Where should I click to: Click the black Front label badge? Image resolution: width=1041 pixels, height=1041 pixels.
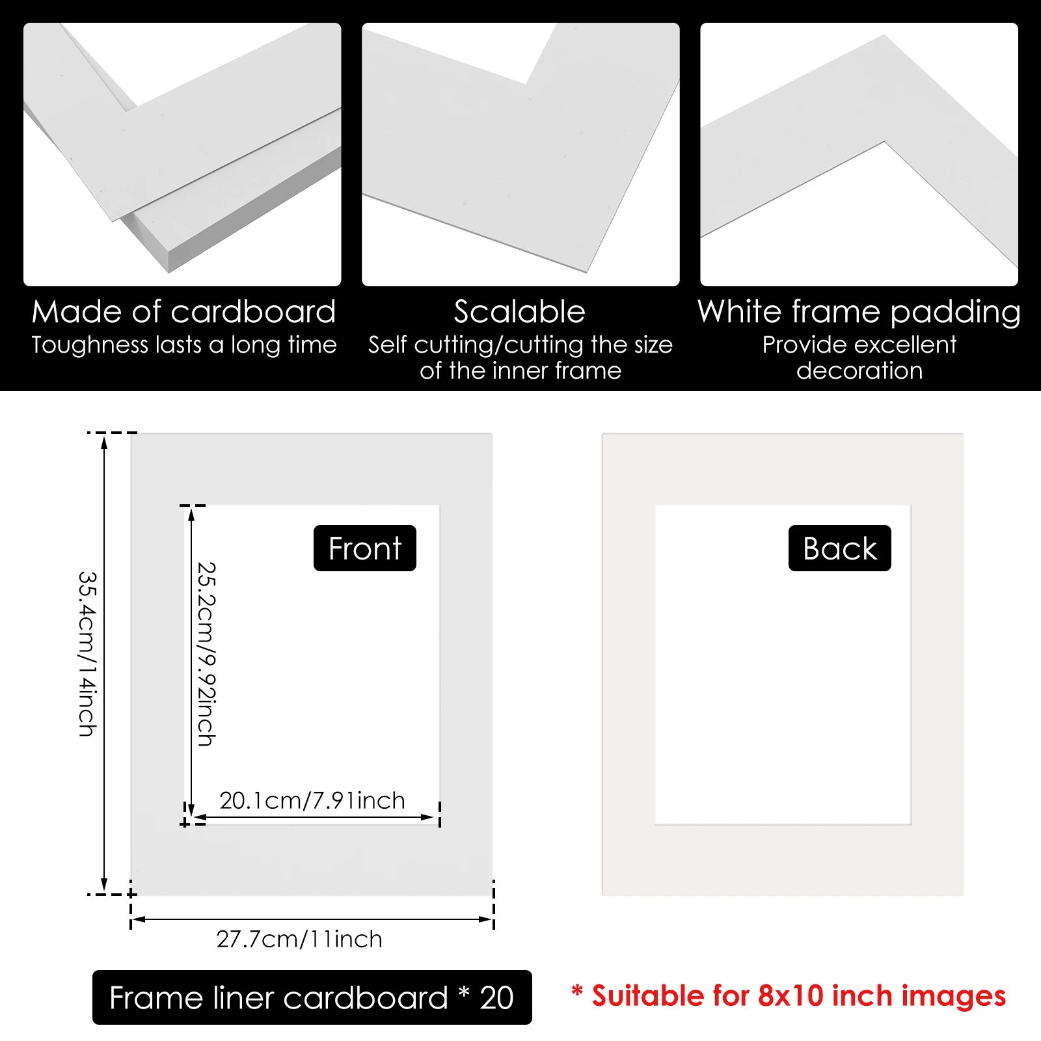point(364,548)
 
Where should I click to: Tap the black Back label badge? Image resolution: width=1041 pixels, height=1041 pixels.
point(839,548)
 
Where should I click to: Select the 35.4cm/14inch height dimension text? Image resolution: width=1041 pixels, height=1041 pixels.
point(87,654)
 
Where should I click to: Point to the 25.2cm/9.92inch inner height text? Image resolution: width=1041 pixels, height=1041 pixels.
point(206,654)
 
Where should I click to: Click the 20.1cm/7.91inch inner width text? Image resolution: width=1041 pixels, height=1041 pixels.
point(312,800)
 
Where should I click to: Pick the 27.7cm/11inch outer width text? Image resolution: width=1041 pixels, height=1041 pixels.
point(299,939)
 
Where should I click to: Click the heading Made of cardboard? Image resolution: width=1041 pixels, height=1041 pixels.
point(183,312)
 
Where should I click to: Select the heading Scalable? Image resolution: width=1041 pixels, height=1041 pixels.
point(519,312)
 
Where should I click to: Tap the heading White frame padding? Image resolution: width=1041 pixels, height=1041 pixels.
point(859,312)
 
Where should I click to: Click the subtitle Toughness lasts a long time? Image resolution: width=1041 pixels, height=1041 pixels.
point(183,345)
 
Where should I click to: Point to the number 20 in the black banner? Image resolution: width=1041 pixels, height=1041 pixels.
point(496,997)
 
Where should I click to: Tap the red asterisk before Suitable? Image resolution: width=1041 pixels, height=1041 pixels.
point(576,992)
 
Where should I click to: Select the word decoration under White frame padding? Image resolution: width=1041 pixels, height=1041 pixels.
point(859,371)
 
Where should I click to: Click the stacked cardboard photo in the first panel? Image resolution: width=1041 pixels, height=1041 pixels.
point(182,154)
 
